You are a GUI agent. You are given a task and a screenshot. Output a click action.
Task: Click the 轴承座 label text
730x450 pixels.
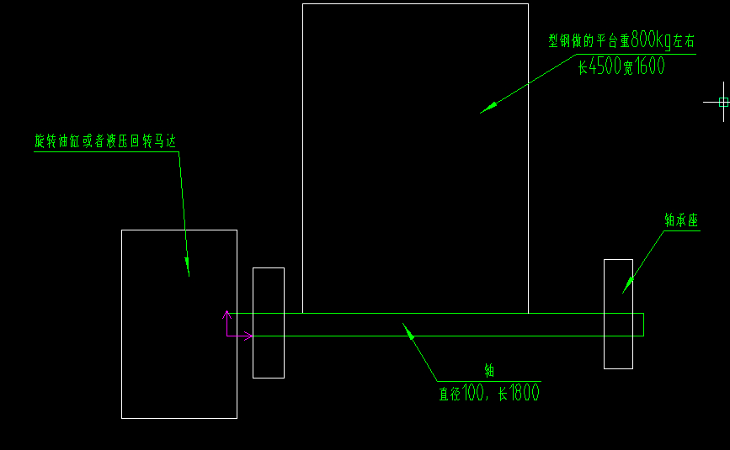[681, 220]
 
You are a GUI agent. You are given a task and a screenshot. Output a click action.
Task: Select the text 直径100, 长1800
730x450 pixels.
[488, 392]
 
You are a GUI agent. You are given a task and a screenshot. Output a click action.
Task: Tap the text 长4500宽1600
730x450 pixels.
[621, 66]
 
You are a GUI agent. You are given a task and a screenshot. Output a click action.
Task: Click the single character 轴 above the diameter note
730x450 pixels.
[488, 370]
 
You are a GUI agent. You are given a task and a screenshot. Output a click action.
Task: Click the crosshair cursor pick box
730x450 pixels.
[723, 102]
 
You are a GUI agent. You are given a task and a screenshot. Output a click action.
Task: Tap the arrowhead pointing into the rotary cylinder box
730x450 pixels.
[187, 267]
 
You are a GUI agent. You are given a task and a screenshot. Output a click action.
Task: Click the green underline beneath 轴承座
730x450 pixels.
[681, 231]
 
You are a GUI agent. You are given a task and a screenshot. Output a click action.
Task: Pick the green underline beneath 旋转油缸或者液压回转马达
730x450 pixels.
[105, 152]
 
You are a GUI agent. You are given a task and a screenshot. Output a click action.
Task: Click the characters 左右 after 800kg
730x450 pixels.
[685, 40]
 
